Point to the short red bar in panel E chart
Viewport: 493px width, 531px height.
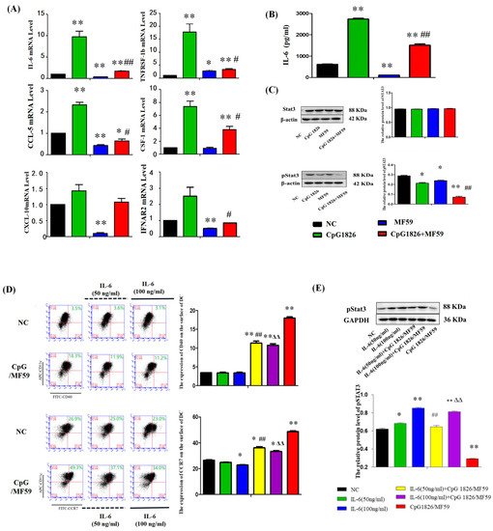[x=470, y=441]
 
